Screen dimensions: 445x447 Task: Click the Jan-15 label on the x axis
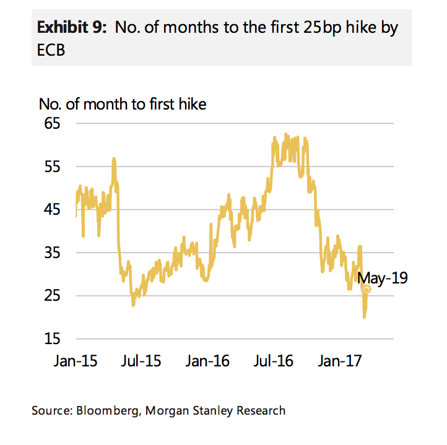75,360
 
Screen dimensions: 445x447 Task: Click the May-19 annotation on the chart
382,278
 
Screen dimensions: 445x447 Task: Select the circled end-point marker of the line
366,289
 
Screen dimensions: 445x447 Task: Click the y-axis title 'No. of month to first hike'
122,103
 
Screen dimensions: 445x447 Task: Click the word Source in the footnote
52,410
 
